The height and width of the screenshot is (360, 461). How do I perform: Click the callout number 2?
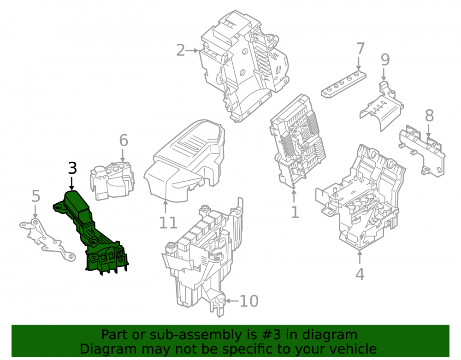tap(181, 50)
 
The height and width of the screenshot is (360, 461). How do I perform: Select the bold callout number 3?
tap(72, 168)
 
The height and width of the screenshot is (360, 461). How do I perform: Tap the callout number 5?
tap(35, 196)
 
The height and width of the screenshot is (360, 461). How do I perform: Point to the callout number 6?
tap(124, 141)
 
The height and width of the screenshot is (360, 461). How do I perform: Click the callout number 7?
tap(361, 49)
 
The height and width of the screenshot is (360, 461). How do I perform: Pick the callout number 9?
tap(385, 60)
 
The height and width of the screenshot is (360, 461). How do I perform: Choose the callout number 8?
tap(429, 116)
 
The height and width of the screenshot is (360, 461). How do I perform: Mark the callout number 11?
tap(168, 223)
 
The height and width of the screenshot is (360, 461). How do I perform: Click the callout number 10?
tap(249, 301)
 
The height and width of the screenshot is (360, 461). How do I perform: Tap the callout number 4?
tap(360, 274)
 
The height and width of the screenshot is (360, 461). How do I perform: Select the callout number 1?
tap(295, 212)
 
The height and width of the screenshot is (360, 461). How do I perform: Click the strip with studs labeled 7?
tap(343, 84)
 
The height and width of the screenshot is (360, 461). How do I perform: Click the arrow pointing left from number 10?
tap(232, 301)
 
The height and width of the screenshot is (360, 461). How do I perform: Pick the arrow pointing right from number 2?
tap(192, 51)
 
